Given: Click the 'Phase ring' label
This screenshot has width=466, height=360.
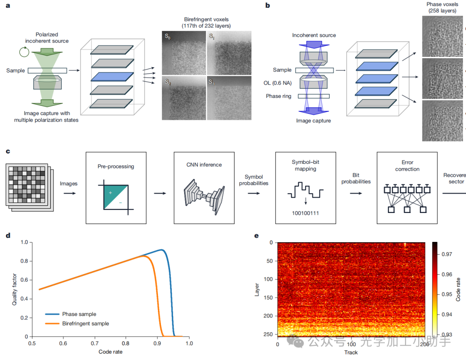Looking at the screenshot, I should click(279, 96).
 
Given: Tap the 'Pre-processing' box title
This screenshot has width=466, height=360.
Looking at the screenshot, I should click(116, 166).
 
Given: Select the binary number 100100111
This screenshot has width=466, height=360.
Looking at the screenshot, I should click(305, 213).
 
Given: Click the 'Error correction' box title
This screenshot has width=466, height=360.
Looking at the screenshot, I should click(407, 166).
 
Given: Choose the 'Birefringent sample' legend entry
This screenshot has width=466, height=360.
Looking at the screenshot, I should click(85, 323).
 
